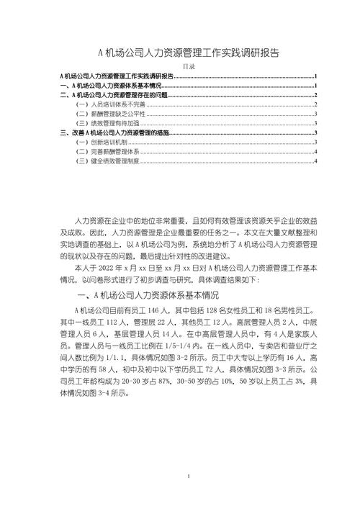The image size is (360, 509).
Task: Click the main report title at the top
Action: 188,53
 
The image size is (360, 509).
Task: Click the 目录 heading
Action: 188,66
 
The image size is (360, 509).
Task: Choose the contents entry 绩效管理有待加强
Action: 107,123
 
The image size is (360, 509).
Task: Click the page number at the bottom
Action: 188,476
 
